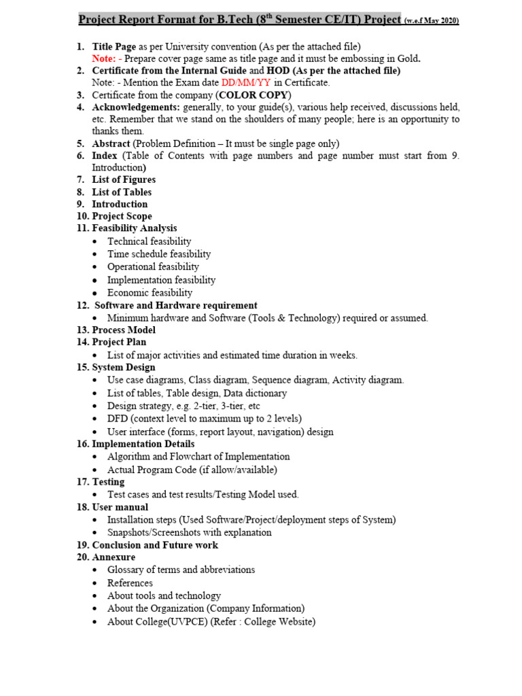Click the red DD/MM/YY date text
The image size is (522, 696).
click(246, 83)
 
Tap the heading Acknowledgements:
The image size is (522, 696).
click(136, 107)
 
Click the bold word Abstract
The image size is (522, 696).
click(111, 143)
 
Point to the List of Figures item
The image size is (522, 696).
click(124, 179)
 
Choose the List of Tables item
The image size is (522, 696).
click(122, 192)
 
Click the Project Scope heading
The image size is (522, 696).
click(122, 216)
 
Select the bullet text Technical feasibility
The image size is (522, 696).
click(149, 241)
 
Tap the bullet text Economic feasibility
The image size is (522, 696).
click(150, 292)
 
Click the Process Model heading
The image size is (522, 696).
click(124, 330)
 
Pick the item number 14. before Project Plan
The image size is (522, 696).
click(82, 342)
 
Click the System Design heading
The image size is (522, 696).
click(123, 368)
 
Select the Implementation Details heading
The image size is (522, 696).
click(143, 444)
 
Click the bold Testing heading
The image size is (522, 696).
click(108, 482)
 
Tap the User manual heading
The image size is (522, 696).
click(120, 507)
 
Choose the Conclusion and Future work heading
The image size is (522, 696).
click(155, 545)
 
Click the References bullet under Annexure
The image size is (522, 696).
click(130, 583)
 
